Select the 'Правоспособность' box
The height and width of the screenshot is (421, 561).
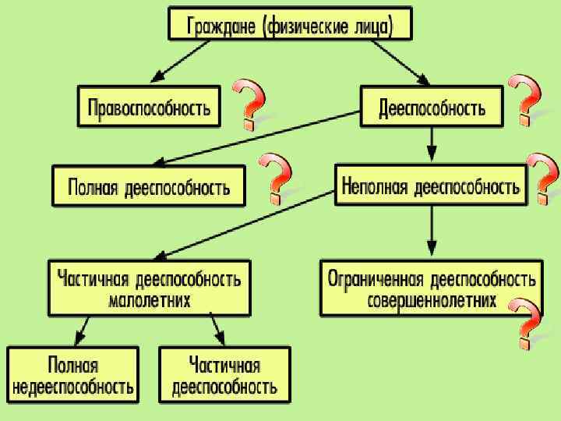point(149,107)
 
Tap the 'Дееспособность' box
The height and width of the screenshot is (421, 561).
point(432,107)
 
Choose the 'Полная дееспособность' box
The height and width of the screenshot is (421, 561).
point(148,186)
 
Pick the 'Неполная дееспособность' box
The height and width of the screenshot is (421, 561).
point(430,185)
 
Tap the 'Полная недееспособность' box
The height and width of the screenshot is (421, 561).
point(73,375)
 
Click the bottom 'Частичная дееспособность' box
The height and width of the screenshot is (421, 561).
point(224,375)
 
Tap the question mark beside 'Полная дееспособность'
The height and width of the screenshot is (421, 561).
point(276,175)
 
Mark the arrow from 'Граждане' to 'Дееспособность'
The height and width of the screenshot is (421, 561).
point(400,62)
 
